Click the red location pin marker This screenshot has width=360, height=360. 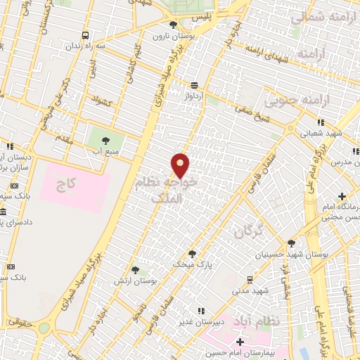pyautogui.click(x=181, y=165)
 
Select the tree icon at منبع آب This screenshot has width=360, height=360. pyautogui.click(x=105, y=141)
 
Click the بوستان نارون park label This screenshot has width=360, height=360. pyautogui.click(x=171, y=34)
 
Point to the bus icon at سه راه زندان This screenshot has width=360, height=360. pyautogui.click(x=86, y=35)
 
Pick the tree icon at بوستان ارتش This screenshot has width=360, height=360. pyautogui.click(x=135, y=269)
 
